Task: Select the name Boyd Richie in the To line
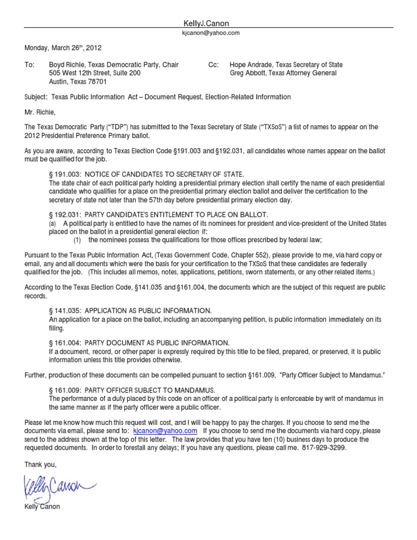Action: pos(68,65)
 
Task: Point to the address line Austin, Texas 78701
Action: pos(78,82)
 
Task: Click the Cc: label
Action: pos(213,65)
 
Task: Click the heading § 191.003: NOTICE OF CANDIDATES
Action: pos(147,174)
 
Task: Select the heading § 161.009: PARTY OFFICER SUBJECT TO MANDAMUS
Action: pos(132,391)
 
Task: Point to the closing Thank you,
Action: pos(41,464)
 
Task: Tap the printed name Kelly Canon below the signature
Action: pos(42,507)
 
